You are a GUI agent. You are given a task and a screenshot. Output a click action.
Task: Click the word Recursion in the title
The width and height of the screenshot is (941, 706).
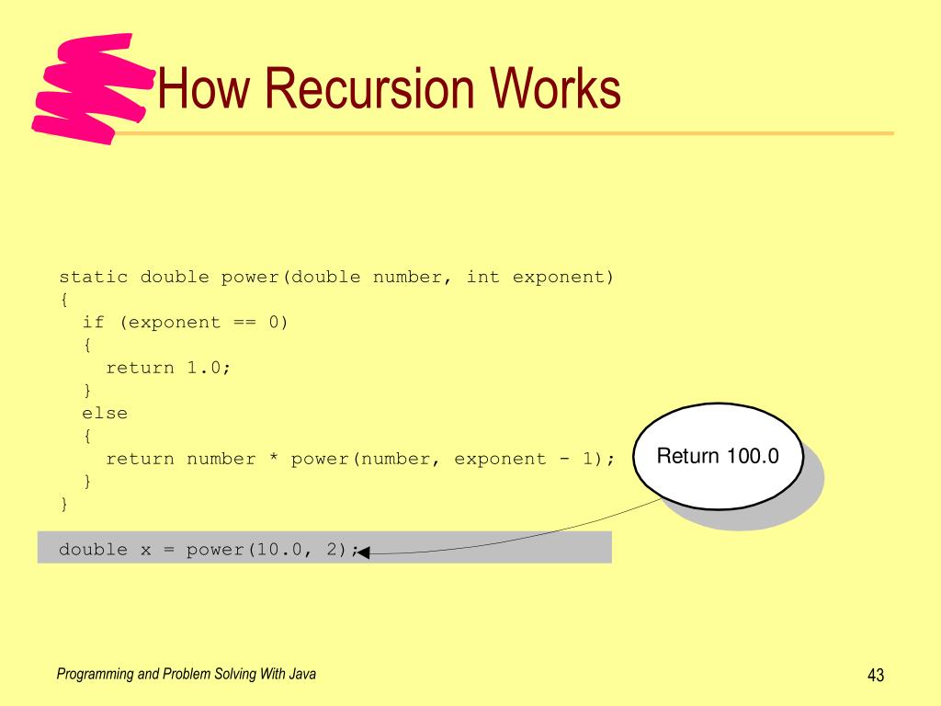(x=374, y=90)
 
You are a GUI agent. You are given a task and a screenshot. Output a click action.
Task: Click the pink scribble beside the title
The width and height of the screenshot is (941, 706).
(x=87, y=87)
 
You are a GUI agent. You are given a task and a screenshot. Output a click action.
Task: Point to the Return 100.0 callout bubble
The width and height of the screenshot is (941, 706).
(x=718, y=457)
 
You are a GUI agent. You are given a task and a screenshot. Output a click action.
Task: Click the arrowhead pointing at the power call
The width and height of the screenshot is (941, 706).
(x=361, y=552)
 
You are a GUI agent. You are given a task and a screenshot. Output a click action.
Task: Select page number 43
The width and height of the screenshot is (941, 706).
(x=875, y=677)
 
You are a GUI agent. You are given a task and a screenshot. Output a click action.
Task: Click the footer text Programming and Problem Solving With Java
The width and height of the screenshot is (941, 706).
(x=187, y=675)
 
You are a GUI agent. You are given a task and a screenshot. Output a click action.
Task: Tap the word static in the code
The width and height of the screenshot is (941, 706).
(x=94, y=277)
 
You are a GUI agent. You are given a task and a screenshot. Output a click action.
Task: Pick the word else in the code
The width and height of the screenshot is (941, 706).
(x=105, y=413)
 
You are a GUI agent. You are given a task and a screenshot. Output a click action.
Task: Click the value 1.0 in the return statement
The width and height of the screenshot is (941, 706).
(x=204, y=368)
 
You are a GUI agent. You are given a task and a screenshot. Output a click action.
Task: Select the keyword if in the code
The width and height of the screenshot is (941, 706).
(x=94, y=322)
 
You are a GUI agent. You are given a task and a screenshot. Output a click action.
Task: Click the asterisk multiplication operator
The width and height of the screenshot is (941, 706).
(x=273, y=459)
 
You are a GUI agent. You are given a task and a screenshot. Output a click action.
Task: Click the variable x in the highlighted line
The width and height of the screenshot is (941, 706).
(x=145, y=550)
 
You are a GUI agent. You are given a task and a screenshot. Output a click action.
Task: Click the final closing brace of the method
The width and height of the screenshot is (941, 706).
(x=64, y=504)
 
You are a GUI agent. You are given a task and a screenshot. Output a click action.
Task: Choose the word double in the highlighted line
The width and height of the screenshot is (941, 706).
(x=94, y=550)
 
